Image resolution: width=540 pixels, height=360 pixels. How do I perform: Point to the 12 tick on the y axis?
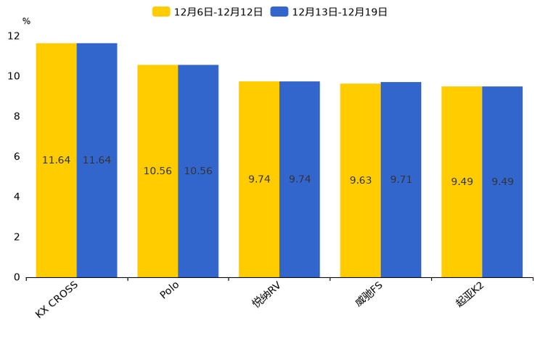coord(14,36)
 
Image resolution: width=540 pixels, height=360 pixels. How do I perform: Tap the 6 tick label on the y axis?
coord(17,156)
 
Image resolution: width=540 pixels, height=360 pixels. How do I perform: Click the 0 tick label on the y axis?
coord(17,277)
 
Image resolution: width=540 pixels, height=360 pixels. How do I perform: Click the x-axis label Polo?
coord(169,292)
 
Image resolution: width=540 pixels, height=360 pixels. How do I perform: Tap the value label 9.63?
coord(361,180)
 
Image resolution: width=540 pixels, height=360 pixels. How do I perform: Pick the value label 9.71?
coord(401,179)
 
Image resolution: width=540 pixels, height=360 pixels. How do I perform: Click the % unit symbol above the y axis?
coord(26,22)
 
